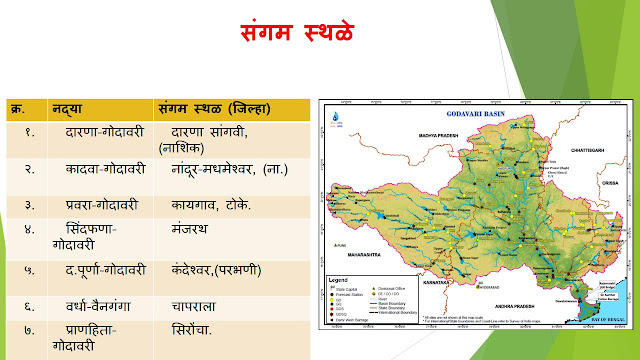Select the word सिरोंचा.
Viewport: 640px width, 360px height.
coord(187,327)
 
